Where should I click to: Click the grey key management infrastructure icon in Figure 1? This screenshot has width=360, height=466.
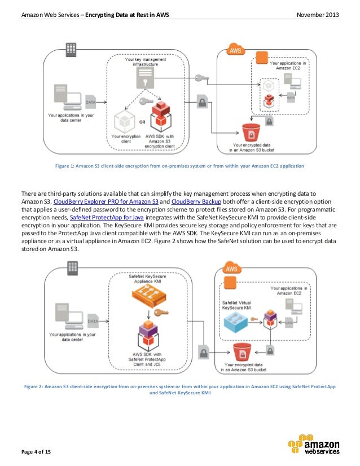tap(145, 81)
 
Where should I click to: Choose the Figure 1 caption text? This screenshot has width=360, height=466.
tap(179, 166)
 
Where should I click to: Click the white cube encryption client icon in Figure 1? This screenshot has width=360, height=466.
tap(124, 121)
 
